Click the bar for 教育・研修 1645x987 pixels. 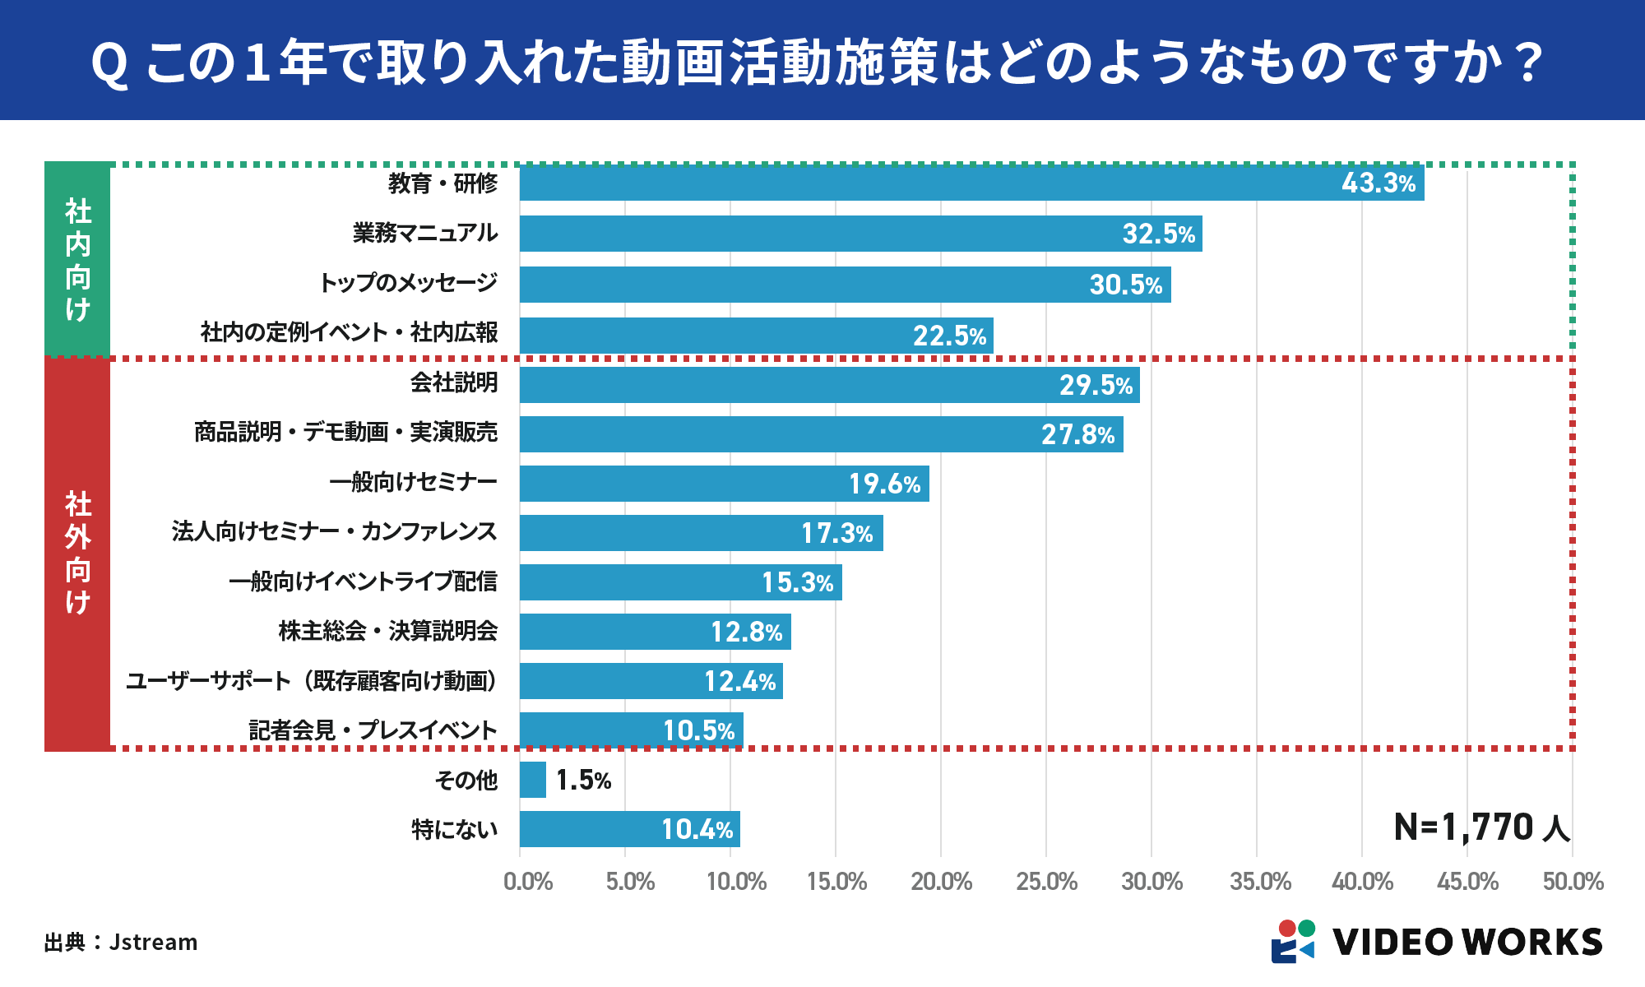click(x=971, y=183)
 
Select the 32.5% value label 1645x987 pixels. click(x=1158, y=234)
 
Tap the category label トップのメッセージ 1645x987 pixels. click(x=408, y=283)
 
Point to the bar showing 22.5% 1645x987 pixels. click(x=755, y=336)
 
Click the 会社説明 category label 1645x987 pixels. click(x=454, y=382)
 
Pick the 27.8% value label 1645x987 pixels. click(x=1077, y=434)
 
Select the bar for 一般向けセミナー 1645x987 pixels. click(x=724, y=484)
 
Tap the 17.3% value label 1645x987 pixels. click(x=836, y=533)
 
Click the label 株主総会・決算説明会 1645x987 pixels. click(x=387, y=631)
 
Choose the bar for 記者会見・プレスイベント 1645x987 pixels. click(x=631, y=730)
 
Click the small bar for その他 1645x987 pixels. click(x=533, y=780)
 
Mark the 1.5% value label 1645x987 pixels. click(x=583, y=780)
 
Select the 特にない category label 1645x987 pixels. click(x=454, y=829)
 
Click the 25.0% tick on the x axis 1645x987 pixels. click(x=1046, y=882)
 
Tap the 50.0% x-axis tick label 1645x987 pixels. click(x=1573, y=882)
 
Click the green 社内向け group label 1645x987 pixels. click(x=77, y=259)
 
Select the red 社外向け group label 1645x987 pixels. click(x=77, y=553)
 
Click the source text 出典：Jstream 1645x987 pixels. click(x=121, y=942)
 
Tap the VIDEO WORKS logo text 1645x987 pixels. click(x=1467, y=942)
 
